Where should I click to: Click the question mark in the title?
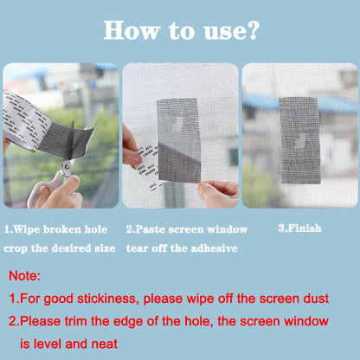point(251,31)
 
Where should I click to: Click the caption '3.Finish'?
point(299,228)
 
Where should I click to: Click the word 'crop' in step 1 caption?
point(19,247)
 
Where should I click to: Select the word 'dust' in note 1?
point(313,299)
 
